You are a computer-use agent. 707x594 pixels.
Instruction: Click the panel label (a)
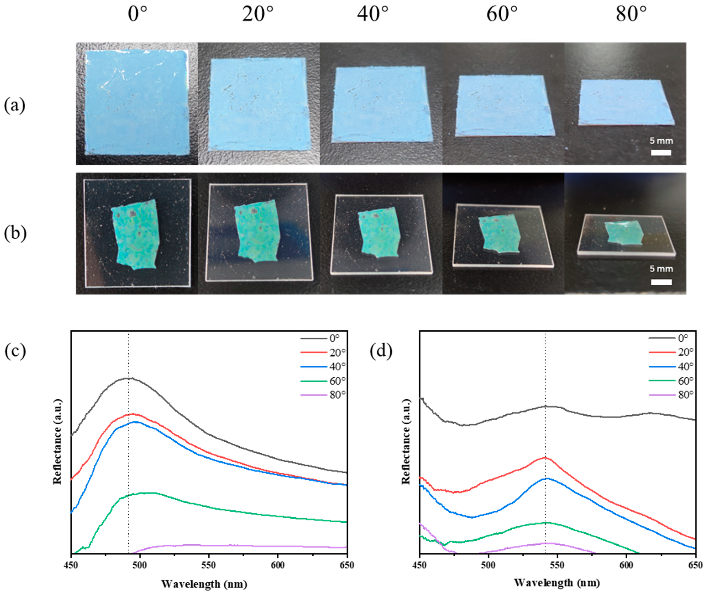[14, 105]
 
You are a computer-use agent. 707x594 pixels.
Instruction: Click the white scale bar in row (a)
[661, 152]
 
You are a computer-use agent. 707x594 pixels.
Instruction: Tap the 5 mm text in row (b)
[661, 269]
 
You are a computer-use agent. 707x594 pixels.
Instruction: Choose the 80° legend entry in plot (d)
[686, 395]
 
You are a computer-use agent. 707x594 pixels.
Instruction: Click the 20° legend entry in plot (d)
[686, 352]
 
